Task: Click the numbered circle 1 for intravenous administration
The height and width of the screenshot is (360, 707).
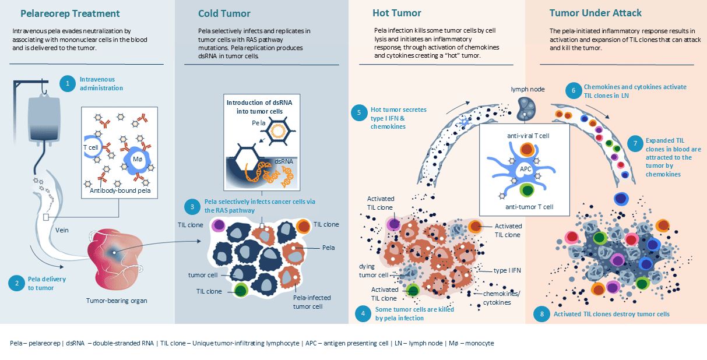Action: point(68,84)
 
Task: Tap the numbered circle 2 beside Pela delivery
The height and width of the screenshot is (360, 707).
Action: point(16,283)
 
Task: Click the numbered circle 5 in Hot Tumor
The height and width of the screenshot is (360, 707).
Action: point(359,112)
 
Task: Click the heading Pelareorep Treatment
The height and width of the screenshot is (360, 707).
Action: point(70,13)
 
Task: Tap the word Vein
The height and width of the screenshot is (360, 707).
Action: point(62,230)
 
